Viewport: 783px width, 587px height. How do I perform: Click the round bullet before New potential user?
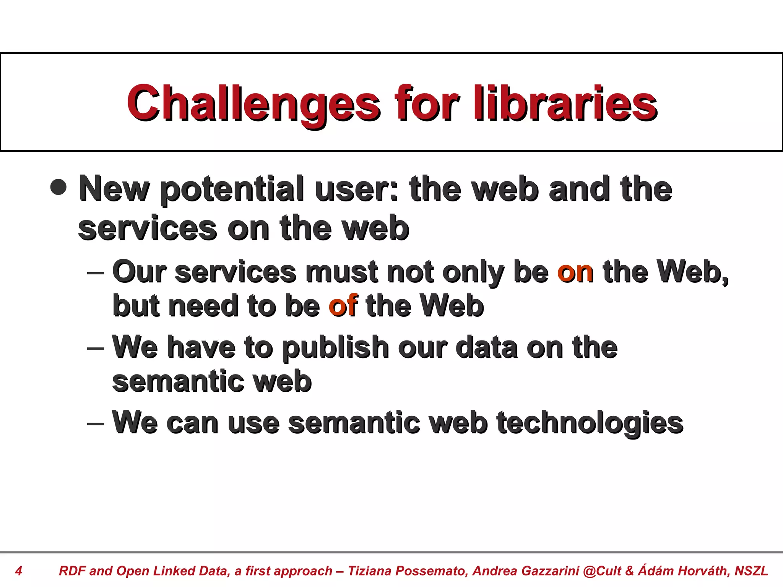point(58,187)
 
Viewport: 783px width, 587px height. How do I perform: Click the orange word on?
point(575,272)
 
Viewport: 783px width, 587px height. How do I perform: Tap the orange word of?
point(343,306)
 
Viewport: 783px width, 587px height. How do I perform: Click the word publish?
point(335,348)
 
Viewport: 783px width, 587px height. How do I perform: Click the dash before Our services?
point(96,273)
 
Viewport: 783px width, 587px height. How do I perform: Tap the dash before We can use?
point(96,424)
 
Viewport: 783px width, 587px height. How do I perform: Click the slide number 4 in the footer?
point(18,571)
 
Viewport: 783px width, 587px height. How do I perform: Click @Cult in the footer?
point(602,571)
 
